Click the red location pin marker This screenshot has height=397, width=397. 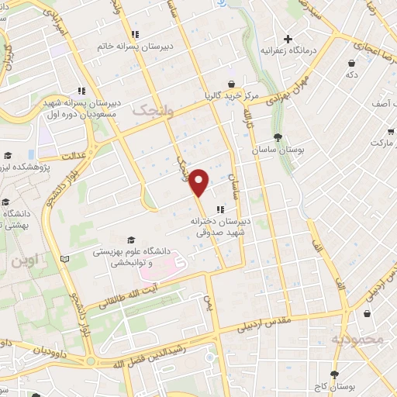coord(199,181)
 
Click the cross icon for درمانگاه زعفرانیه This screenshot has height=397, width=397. coord(288,39)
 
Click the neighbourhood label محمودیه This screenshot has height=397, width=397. coord(357,340)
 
